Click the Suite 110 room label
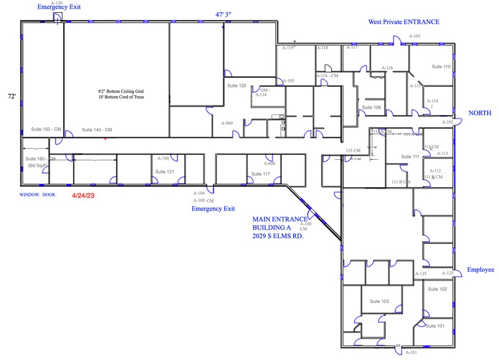[441, 66]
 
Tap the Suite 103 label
[380, 301]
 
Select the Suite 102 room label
[437, 289]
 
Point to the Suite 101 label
[435, 326]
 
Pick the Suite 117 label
[260, 174]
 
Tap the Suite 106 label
[371, 107]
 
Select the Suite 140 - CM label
[97, 130]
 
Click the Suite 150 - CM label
[46, 130]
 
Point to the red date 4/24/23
[84, 197]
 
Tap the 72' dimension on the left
[11, 97]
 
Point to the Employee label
[480, 269]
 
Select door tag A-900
[227, 123]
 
